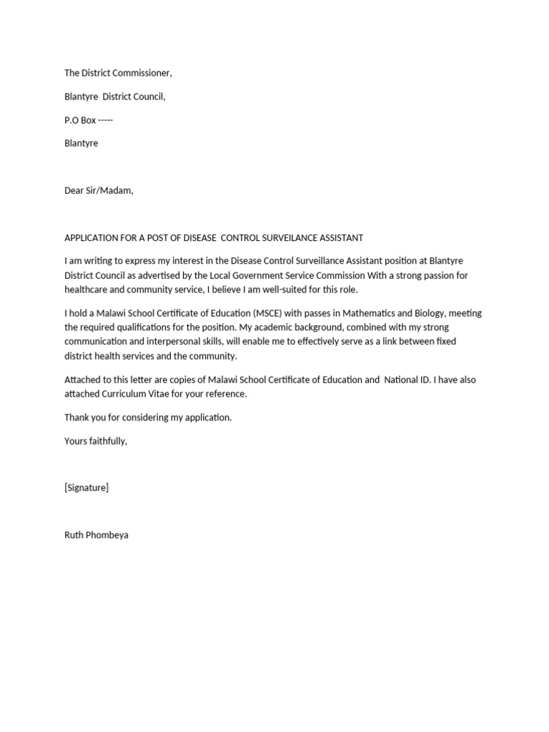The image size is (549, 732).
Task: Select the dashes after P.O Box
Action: pyautogui.click(x=105, y=120)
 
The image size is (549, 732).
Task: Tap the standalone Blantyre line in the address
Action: pyautogui.click(x=81, y=143)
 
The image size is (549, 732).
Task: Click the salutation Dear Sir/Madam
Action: pyautogui.click(x=99, y=191)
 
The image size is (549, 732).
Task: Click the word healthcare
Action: pyautogui.click(x=87, y=290)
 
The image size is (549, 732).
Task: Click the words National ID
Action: pyautogui.click(x=410, y=380)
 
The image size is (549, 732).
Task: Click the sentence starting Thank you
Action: pyautogui.click(x=148, y=417)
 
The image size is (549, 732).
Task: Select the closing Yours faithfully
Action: pyautogui.click(x=96, y=441)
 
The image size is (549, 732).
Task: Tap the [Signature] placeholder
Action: pyautogui.click(x=86, y=488)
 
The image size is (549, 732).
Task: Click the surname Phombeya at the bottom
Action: pyautogui.click(x=107, y=535)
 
